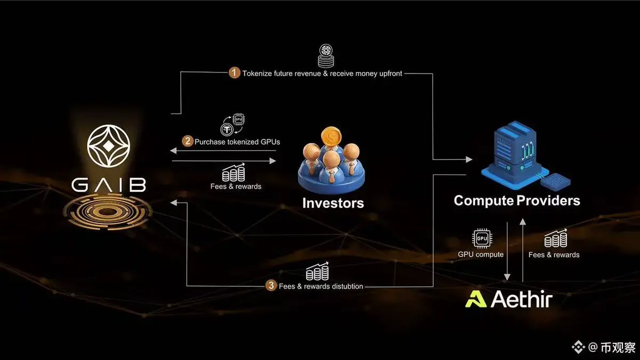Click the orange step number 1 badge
click(x=234, y=73)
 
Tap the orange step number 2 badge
click(x=187, y=141)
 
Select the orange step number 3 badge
click(x=270, y=285)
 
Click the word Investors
click(x=333, y=203)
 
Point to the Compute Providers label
click(x=517, y=201)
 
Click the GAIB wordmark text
click(x=109, y=185)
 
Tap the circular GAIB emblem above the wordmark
click(x=109, y=146)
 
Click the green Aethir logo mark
click(x=476, y=299)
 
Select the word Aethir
click(x=522, y=299)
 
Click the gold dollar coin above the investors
click(x=331, y=138)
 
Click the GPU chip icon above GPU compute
click(x=482, y=238)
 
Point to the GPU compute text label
click(x=481, y=254)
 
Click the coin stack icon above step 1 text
click(x=326, y=56)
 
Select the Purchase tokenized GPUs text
click(x=237, y=142)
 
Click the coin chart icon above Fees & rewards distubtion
click(x=317, y=271)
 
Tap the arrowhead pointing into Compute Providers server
click(x=469, y=159)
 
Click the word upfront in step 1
click(x=390, y=74)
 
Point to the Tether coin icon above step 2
click(x=227, y=130)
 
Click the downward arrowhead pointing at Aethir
click(x=507, y=277)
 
